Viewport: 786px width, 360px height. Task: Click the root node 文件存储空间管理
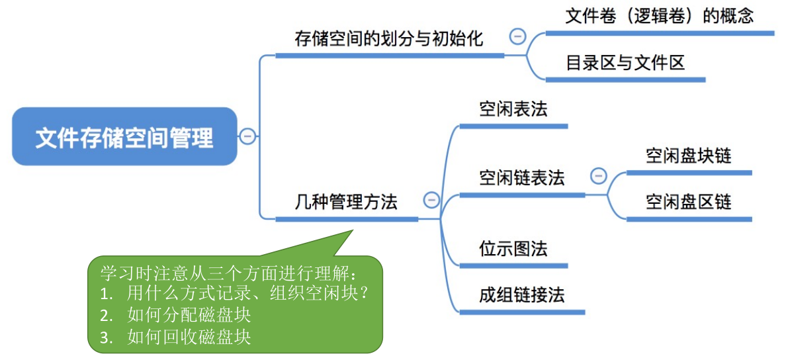point(124,136)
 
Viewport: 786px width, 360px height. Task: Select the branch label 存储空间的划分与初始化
point(389,38)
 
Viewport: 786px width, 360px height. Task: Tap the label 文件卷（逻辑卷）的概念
point(659,16)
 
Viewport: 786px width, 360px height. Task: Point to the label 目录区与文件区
point(625,63)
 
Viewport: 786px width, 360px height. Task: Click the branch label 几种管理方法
point(346,202)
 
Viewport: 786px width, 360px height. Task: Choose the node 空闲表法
point(513,109)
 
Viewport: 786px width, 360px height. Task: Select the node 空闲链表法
point(521,177)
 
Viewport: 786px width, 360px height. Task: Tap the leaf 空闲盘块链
point(689,156)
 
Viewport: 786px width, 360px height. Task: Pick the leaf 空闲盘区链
point(689,202)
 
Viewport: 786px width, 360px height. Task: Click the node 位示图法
point(513,249)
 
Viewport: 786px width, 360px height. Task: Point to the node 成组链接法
point(521,295)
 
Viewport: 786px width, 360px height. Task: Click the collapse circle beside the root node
point(247,136)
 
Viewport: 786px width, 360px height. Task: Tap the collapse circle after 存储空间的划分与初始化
point(517,36)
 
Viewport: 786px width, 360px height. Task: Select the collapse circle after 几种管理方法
point(431,200)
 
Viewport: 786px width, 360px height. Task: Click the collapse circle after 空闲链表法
point(598,175)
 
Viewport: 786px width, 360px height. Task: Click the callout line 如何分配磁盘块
point(189,315)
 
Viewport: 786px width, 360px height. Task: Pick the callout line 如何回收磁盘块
point(189,337)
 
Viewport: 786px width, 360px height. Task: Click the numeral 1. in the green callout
point(106,294)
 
